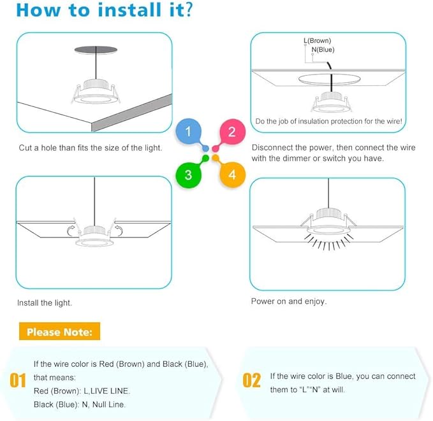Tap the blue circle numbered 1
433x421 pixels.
click(188, 132)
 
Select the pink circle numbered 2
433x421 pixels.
click(231, 132)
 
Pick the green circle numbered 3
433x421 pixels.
click(188, 175)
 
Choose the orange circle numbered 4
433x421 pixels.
click(231, 175)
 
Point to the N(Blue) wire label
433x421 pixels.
click(322, 50)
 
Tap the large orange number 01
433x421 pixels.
click(18, 380)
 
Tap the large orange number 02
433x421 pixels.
click(252, 380)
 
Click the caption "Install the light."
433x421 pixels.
click(45, 303)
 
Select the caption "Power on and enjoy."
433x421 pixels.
click(289, 301)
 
